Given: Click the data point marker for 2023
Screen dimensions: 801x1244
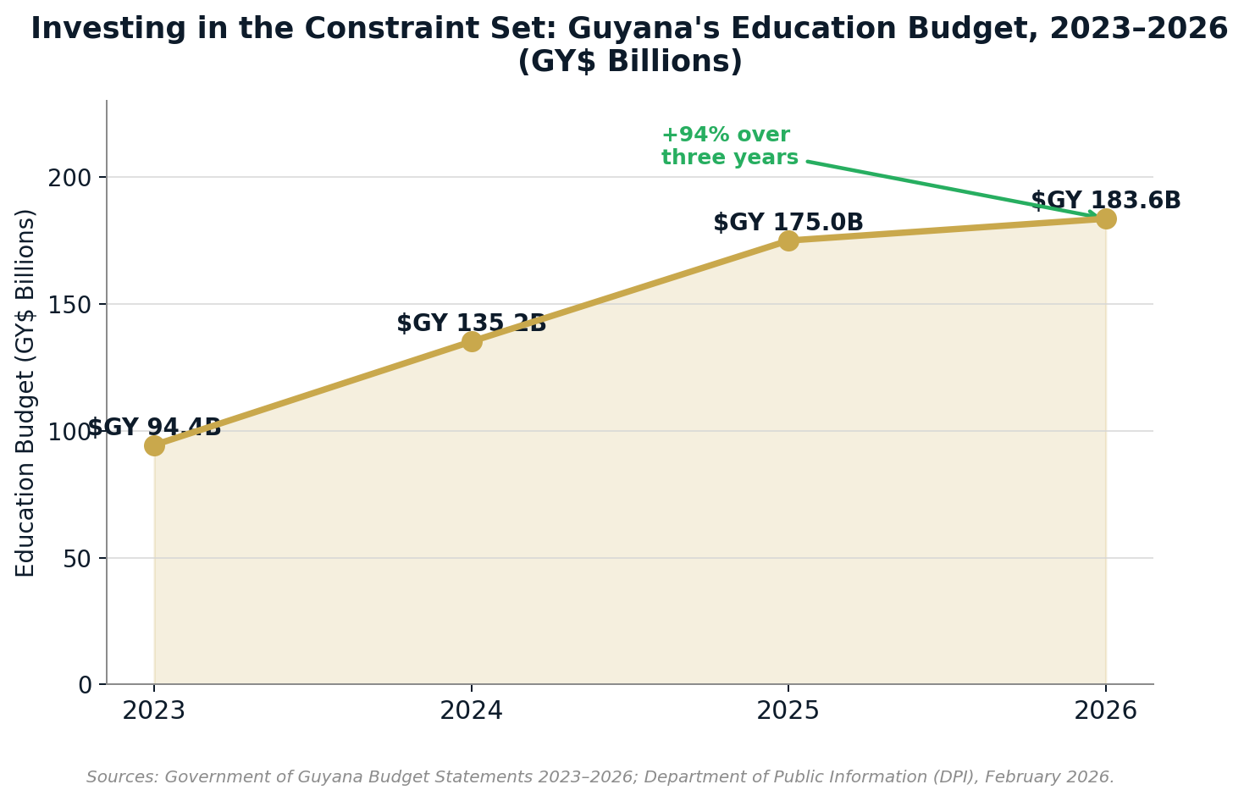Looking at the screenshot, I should point(154,445).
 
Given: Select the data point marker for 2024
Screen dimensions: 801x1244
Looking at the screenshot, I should point(472,341).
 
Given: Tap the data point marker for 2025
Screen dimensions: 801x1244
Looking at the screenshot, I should point(788,240).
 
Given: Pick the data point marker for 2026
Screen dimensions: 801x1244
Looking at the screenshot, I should point(1106,218).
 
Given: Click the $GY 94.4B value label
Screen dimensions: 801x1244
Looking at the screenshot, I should point(154,428).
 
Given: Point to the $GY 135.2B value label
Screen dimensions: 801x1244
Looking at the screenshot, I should point(472,323).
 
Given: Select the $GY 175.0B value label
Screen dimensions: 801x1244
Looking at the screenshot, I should point(788,223).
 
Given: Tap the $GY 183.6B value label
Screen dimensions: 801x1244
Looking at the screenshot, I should point(1105,201).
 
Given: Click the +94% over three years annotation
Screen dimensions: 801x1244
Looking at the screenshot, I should point(729,146).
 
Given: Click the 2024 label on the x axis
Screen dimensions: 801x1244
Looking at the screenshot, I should point(471,710).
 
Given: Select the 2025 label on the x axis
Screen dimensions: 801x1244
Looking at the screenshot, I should point(788,710).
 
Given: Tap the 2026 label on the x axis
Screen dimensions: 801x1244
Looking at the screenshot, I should point(1105,710).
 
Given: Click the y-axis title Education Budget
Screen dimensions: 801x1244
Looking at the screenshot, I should point(26,393).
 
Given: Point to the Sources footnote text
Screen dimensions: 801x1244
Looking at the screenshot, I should point(600,777).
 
